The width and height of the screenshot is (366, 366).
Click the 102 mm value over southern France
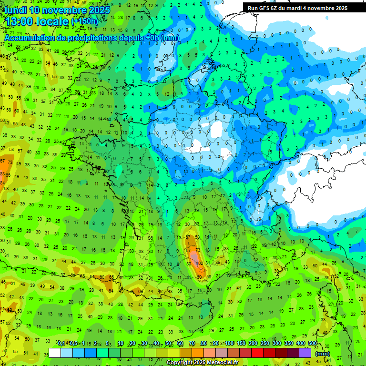click(x=200, y=263)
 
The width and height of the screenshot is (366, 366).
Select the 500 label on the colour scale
click(x=312, y=344)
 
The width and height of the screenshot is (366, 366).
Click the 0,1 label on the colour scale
click(x=61, y=344)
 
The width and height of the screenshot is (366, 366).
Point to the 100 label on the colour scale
click(x=229, y=344)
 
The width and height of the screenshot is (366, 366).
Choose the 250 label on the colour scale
click(x=264, y=344)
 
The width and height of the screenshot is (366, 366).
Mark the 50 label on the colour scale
click(x=168, y=344)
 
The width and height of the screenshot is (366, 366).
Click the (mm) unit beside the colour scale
click(x=323, y=354)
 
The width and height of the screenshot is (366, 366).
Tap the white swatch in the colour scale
click(x=55, y=353)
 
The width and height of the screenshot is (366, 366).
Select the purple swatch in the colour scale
click(x=305, y=353)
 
